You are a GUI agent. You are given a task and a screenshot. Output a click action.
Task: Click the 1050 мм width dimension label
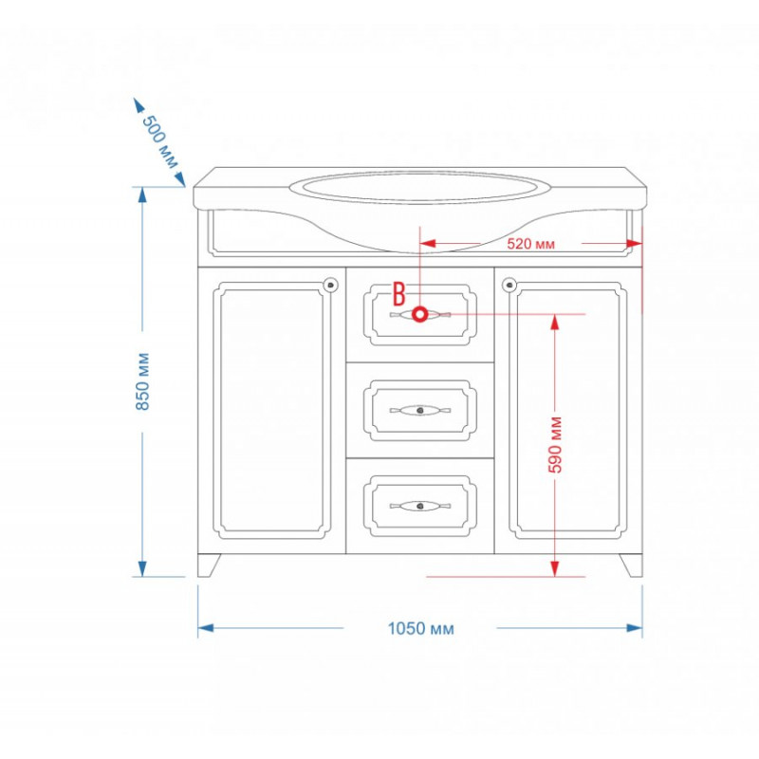point(420,629)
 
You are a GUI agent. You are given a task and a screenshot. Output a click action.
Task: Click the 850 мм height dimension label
point(143,382)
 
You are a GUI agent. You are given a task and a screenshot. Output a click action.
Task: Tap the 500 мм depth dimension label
point(160,141)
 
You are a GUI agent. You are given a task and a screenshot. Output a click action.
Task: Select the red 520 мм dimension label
point(530,244)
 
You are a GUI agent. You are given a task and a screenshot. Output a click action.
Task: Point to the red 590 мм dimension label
point(555,444)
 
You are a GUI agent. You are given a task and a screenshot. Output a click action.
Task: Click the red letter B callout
point(398,294)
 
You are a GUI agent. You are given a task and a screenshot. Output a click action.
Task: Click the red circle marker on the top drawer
point(420,315)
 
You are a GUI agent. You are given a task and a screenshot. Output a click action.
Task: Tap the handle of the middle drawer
point(420,411)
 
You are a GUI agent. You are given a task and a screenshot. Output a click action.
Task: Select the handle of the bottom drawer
point(420,507)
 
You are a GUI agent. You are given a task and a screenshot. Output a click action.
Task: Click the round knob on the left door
point(331,284)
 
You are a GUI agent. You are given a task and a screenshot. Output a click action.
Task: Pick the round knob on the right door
point(509,284)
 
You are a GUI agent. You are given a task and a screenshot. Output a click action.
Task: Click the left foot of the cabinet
point(209,565)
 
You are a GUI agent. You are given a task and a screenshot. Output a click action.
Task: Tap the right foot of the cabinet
point(631,565)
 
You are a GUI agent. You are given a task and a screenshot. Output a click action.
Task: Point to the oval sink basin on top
point(419,186)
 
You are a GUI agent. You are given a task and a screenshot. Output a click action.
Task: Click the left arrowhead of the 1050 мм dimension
point(206,628)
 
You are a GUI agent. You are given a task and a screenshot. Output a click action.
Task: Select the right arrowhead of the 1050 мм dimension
point(635,628)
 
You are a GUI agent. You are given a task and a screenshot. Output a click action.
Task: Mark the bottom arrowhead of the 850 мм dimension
point(142,568)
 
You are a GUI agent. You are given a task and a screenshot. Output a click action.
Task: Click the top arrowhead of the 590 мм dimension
point(555,323)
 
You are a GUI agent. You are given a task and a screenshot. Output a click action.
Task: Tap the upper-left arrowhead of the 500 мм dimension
point(139,105)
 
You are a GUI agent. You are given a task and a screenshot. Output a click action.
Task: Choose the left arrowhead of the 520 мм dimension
point(428,243)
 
